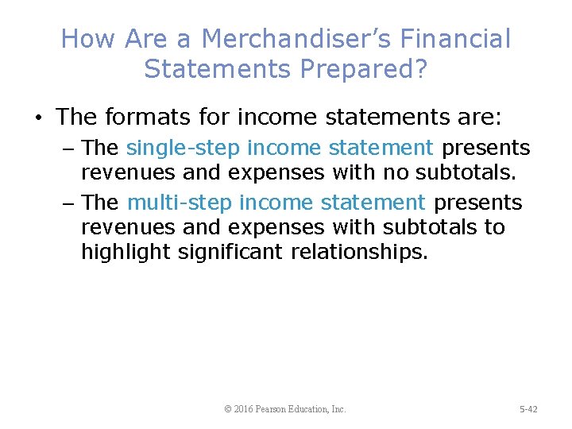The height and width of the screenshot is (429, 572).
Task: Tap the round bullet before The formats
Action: (x=38, y=118)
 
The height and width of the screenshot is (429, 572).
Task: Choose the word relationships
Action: (x=361, y=253)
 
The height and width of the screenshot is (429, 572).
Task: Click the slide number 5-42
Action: (x=528, y=409)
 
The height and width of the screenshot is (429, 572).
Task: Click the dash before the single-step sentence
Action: (x=70, y=149)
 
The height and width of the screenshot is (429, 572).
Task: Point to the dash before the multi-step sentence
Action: (x=70, y=204)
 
